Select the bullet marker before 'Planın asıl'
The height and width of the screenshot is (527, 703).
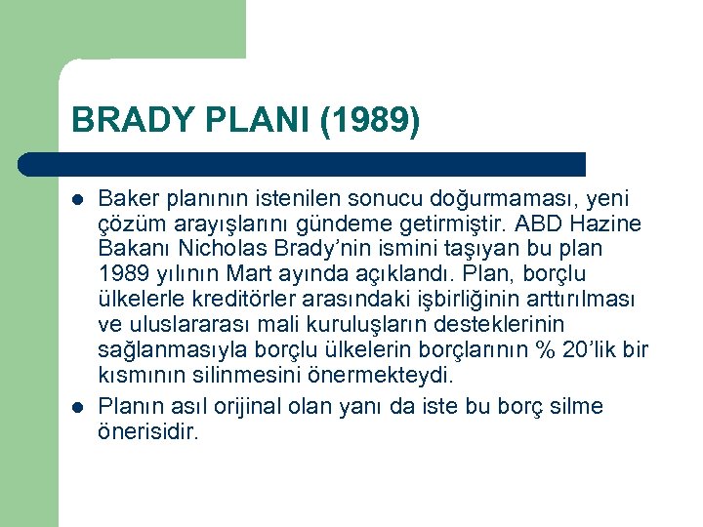click(x=77, y=406)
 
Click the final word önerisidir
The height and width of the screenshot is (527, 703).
click(x=147, y=431)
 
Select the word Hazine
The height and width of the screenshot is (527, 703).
click(x=613, y=223)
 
